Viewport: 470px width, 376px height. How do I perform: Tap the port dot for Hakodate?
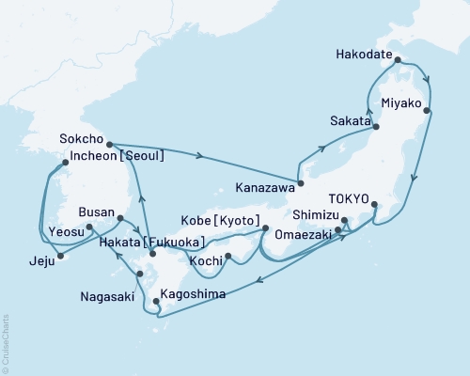click(399, 60)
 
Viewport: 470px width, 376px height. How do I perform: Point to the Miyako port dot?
click(429, 111)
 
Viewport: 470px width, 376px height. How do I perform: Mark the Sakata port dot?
click(376, 126)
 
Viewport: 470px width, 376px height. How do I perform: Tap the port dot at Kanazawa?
click(301, 182)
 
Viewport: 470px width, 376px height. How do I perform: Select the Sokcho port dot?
click(110, 144)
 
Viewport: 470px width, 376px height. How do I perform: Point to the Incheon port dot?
click(65, 163)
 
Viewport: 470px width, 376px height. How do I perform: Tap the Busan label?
click(98, 213)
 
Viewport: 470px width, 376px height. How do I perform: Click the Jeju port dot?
click(59, 255)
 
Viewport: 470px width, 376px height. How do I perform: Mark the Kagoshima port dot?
click(143, 302)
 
